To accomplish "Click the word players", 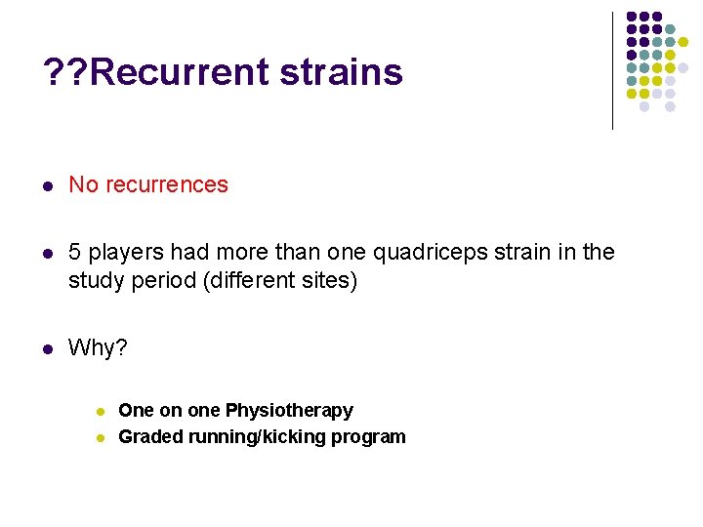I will [x=122, y=253].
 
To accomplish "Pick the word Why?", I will [x=98, y=348].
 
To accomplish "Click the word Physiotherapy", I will [x=289, y=411].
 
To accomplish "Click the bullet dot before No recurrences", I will [x=48, y=185].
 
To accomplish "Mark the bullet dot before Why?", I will [x=48, y=349].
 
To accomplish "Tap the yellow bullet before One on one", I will [x=100, y=412].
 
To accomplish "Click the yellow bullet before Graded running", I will [x=100, y=437].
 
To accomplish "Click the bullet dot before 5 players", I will [x=48, y=254].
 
